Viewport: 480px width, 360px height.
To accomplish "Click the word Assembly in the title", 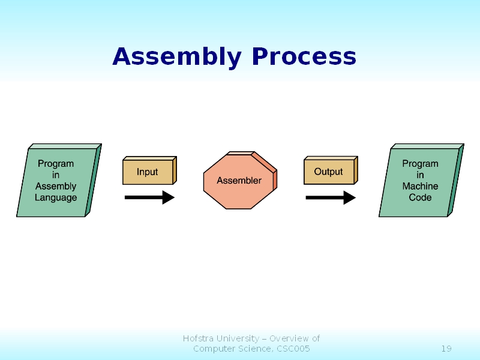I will coord(177,57).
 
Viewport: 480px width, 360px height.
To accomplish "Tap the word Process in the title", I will coord(304,57).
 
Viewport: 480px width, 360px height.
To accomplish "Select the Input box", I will coord(148,172).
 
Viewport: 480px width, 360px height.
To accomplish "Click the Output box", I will coord(329,172).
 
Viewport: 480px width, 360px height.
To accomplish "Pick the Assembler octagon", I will coord(239,181).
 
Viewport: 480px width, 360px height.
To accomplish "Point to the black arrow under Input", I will coord(149,197).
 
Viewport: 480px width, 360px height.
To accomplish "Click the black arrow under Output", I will coord(331,197).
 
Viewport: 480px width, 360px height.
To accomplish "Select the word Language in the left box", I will coord(56,197).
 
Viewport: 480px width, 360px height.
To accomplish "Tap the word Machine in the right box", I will coord(420,186).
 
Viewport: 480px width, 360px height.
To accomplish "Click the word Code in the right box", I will coord(420,197).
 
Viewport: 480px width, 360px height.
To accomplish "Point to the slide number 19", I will coord(446,349).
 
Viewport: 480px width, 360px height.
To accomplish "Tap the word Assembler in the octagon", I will coord(239,181).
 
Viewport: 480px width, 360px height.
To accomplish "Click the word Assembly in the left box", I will coord(56,186).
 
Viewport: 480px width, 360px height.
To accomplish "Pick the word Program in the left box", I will coord(56,163).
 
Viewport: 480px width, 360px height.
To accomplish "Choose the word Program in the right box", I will coord(420,163).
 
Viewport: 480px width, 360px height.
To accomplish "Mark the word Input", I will coord(148,172).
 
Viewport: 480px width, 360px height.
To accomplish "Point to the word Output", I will coord(329,172).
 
